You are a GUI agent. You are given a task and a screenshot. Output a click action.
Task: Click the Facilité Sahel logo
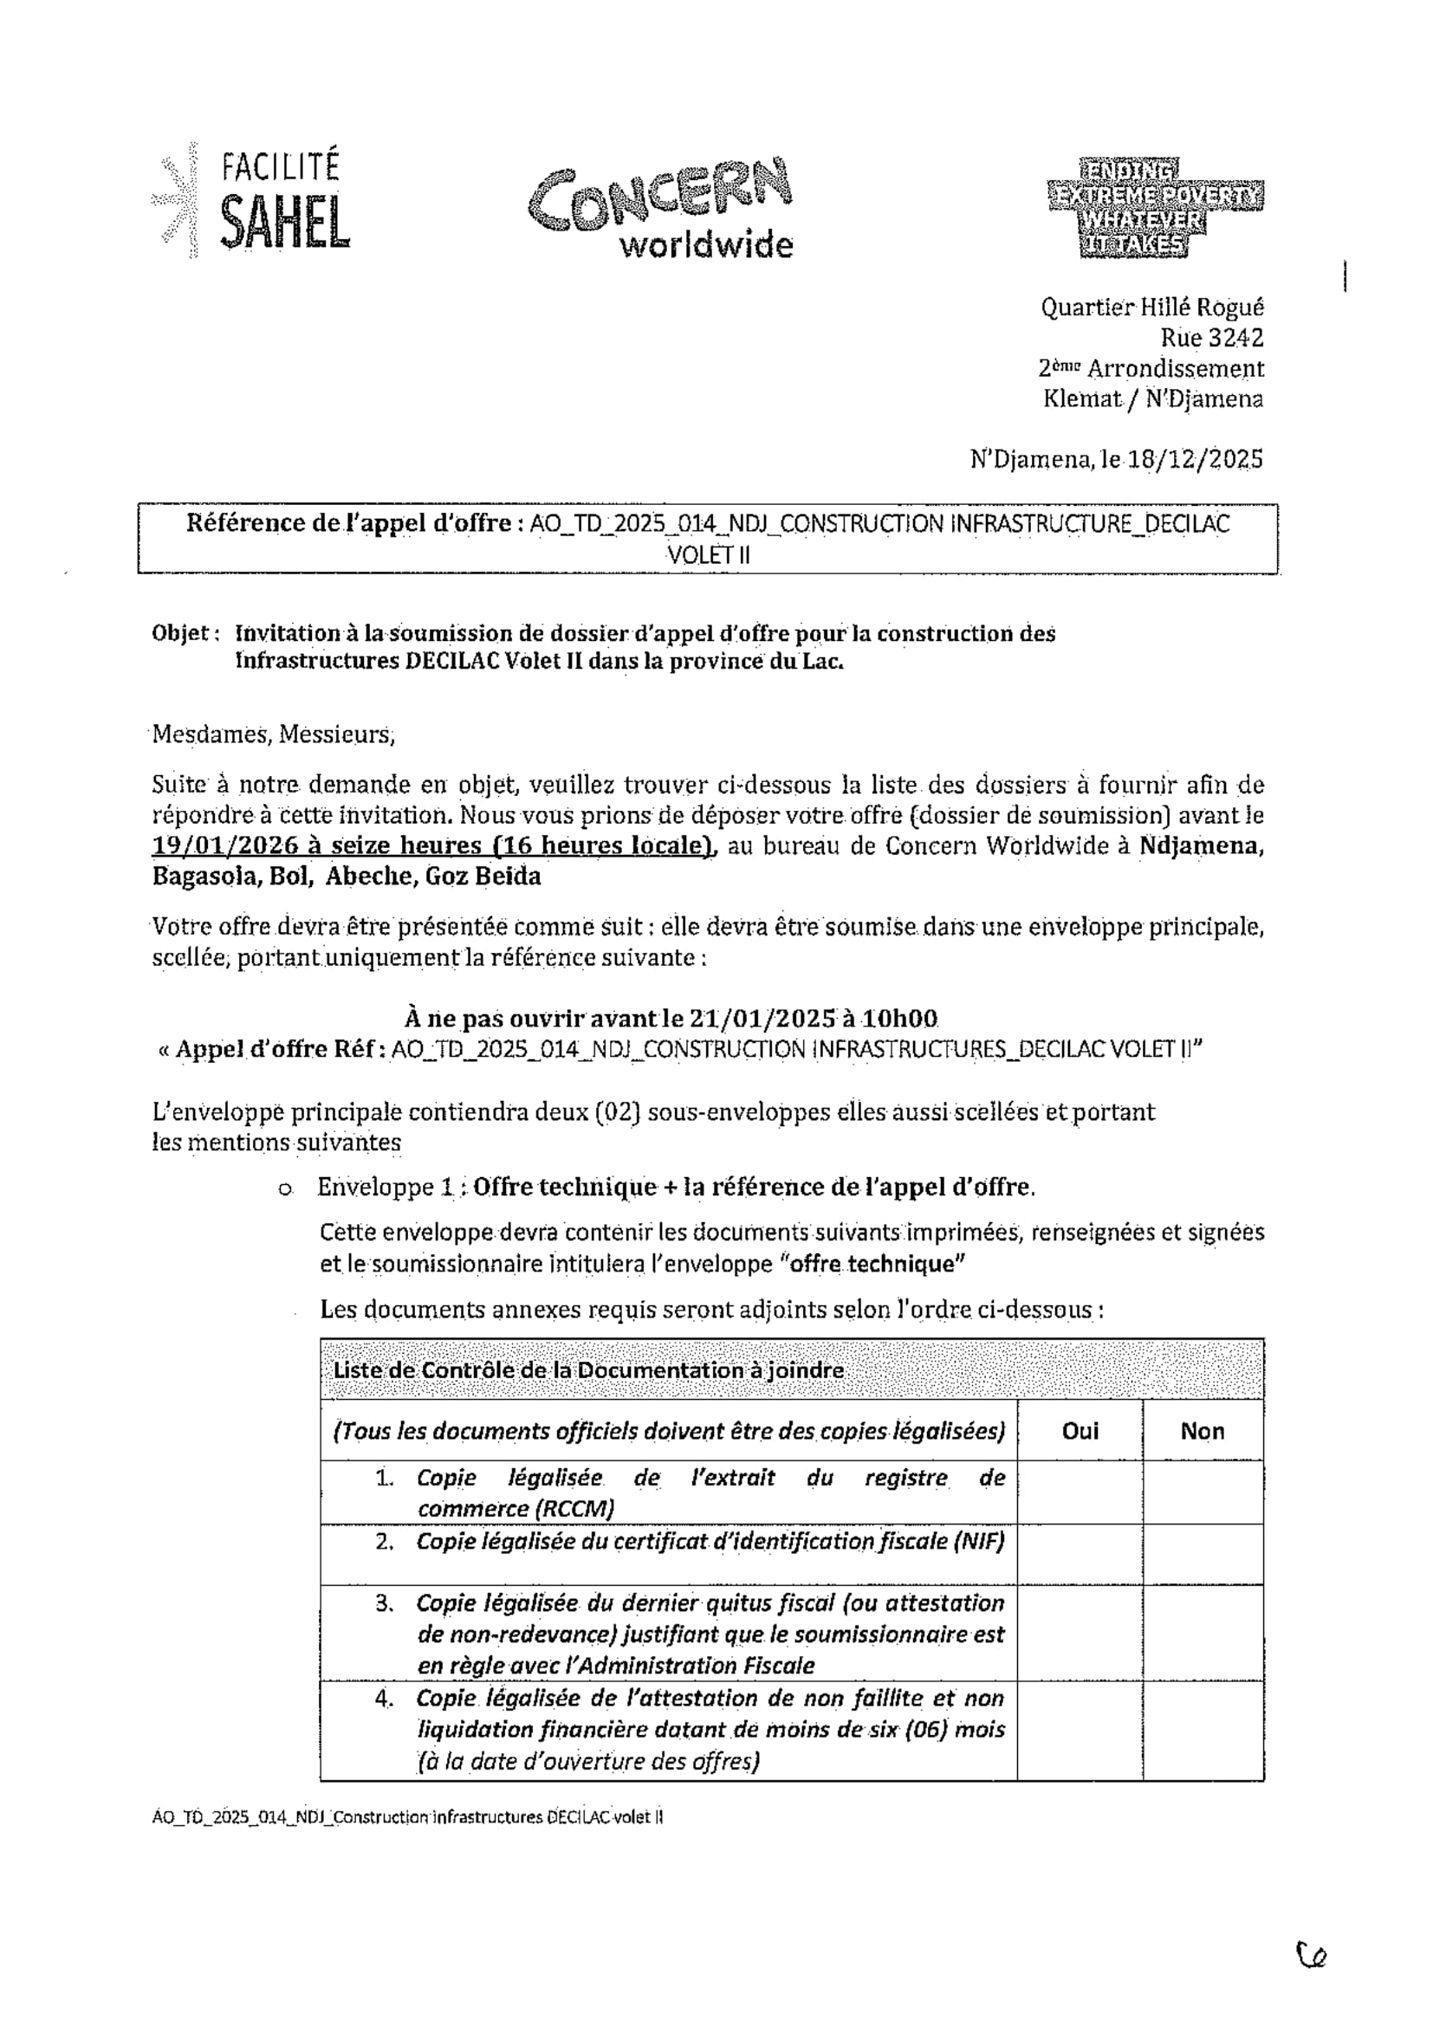click(x=256, y=201)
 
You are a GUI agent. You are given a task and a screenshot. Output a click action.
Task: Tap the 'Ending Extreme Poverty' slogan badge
click(x=1154, y=208)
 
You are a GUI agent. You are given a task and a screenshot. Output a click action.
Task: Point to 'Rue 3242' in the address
click(x=1211, y=338)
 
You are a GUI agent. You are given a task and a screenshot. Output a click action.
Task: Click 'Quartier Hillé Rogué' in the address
click(x=1151, y=307)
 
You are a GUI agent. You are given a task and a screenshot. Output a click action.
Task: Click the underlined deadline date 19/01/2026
click(x=228, y=845)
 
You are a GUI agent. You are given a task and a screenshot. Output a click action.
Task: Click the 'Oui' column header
click(x=1080, y=1431)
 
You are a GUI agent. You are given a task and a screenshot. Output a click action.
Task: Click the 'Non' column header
click(x=1202, y=1431)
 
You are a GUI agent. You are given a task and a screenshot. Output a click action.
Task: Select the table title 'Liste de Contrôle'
click(x=587, y=1370)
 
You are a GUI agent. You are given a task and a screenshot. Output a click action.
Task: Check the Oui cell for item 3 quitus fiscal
click(x=1080, y=1633)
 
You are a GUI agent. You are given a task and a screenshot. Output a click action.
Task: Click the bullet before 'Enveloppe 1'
click(x=284, y=1189)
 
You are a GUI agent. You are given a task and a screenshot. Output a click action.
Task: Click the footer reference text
click(x=408, y=1818)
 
